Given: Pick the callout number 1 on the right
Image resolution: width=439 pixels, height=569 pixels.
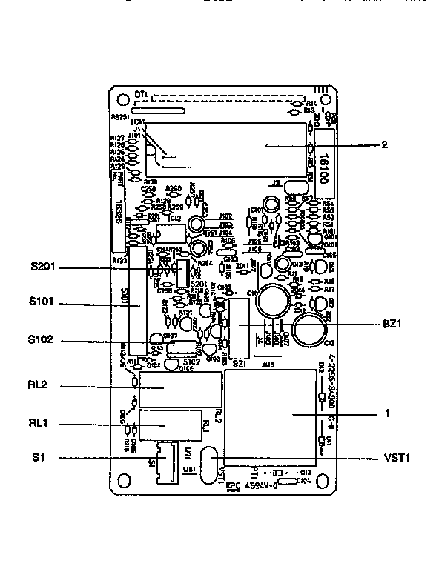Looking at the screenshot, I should pyautogui.click(x=388, y=413).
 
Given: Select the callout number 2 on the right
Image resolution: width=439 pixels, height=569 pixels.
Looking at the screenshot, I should pyautogui.click(x=384, y=145).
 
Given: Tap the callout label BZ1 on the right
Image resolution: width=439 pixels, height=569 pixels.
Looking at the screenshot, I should pyautogui.click(x=392, y=325).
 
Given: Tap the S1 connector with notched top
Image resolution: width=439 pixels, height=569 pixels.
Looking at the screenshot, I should pyautogui.click(x=164, y=461).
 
